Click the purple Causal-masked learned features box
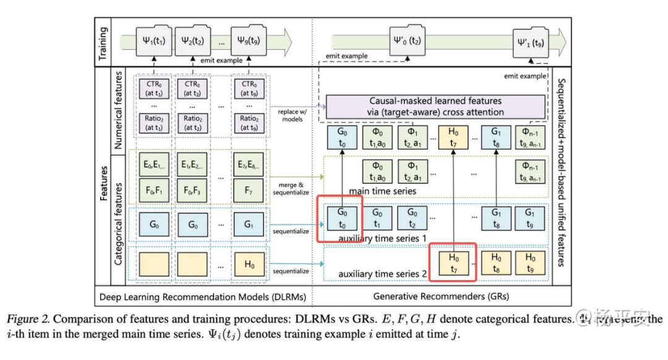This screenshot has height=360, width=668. pyautogui.click(x=435, y=106)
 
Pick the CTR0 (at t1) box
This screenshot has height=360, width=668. pyautogui.click(x=153, y=88)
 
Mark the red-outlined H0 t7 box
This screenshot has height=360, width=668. pyautogui.click(x=454, y=261)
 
